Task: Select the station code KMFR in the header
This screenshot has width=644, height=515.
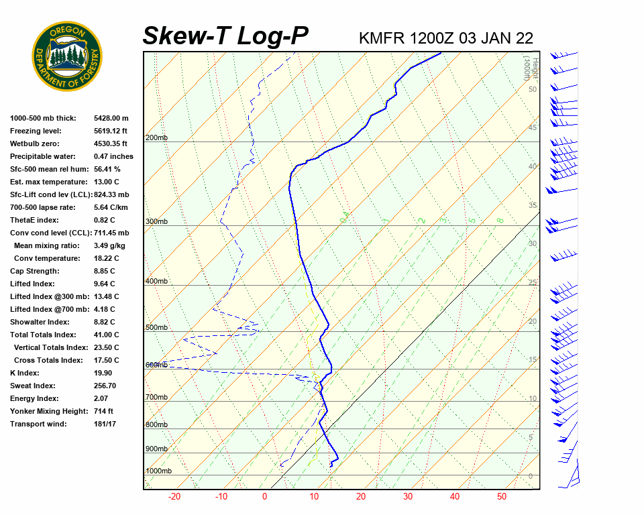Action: coord(382,38)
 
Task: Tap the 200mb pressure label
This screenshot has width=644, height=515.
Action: coord(156,138)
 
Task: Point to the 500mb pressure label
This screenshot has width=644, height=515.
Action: coord(156,328)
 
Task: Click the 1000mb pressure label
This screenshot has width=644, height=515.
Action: coord(158,471)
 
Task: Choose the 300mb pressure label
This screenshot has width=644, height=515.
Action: coord(156,222)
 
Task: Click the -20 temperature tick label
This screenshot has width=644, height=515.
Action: coord(174,497)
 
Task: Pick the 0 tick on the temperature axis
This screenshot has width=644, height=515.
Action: coord(264,497)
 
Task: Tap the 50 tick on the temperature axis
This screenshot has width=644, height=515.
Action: coord(502,497)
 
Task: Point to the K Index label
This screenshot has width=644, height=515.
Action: coord(25,374)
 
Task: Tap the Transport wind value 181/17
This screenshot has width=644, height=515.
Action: coord(105,424)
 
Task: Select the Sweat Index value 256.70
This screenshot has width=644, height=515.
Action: coord(105,386)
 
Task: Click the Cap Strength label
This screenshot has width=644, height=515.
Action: coord(34,272)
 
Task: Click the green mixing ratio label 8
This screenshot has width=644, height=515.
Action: coord(500,220)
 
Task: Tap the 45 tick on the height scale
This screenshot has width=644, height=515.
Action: coord(533,127)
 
